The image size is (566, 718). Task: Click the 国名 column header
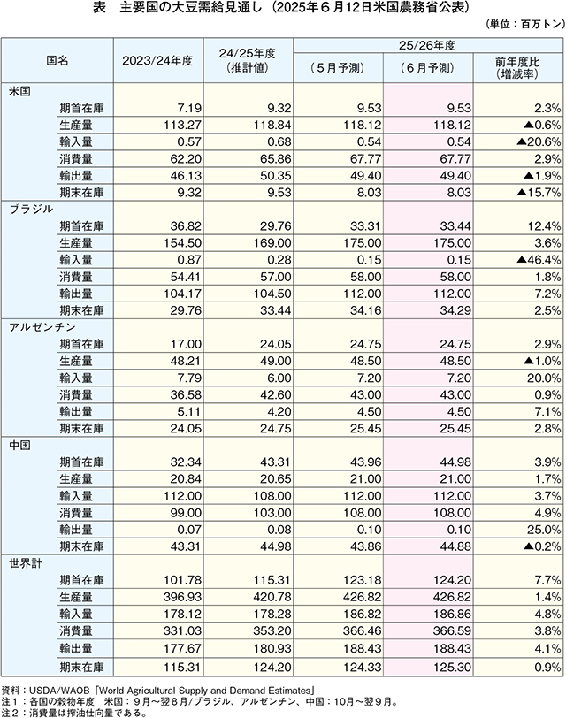tap(57, 61)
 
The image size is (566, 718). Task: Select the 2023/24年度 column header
tap(157, 61)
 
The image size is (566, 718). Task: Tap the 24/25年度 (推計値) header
tap(248, 60)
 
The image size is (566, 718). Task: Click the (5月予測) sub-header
tap(338, 68)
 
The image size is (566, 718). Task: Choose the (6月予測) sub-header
tap(428, 68)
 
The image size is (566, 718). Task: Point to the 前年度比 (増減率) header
tap(517, 68)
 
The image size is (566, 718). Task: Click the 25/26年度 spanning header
tap(427, 45)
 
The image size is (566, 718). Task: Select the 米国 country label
tap(19, 91)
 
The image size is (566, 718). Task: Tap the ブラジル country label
tap(31, 210)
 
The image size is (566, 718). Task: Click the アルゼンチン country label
tap(42, 327)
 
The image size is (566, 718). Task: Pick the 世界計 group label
tap(26, 563)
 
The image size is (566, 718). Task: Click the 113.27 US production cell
tap(183, 125)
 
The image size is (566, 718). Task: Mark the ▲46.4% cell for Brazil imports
tap(539, 260)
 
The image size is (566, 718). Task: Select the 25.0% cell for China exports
tap(544, 530)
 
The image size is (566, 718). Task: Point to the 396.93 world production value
tap(183, 597)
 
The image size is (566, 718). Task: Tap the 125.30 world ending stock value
tap(453, 668)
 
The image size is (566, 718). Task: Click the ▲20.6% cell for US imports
tap(539, 142)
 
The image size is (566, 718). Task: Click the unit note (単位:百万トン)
tap(524, 24)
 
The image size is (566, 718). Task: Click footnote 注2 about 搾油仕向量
tap(74, 713)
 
